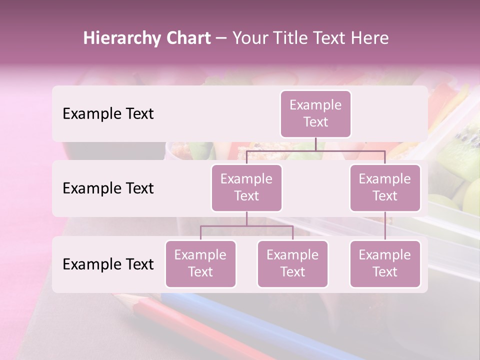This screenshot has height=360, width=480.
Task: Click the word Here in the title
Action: [370, 38]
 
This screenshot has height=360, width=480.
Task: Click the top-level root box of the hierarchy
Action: [315, 113]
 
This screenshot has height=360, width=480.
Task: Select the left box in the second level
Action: [246, 187]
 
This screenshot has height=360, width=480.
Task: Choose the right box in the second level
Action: [385, 187]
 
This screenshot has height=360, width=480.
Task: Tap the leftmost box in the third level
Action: [200, 263]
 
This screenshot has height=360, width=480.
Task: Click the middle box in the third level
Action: [292, 263]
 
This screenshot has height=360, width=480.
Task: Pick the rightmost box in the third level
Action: [385, 263]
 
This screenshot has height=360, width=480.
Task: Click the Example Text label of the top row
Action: [108, 114]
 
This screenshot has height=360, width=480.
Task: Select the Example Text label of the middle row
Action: [108, 188]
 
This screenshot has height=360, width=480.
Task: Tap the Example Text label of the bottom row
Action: [108, 264]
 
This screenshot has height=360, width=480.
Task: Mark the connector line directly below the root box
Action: [315, 144]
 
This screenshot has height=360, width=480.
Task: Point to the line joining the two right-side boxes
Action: [385, 226]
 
